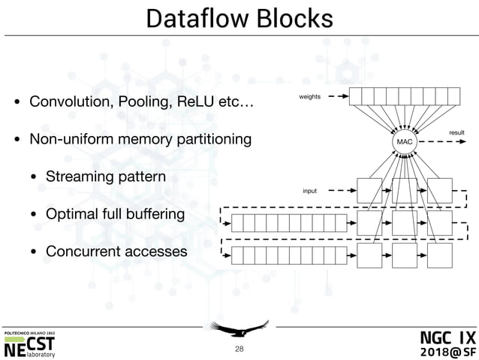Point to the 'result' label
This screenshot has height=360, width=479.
click(x=456, y=132)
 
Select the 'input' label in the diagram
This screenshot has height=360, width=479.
click(x=309, y=191)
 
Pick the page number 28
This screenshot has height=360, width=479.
click(x=239, y=349)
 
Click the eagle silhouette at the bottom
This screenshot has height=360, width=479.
click(x=239, y=328)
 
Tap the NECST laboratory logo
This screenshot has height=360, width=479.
click(x=30, y=347)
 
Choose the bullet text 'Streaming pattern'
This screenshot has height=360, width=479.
click(x=105, y=177)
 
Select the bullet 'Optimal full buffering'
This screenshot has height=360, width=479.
click(x=115, y=214)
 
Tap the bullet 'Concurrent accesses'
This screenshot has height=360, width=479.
click(x=116, y=250)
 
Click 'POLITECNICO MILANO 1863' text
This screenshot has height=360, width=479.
click(x=34, y=332)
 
